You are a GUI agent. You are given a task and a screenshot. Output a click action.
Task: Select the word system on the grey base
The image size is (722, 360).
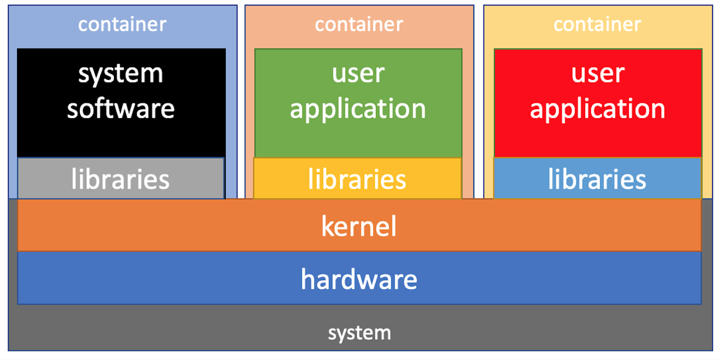click(359, 333)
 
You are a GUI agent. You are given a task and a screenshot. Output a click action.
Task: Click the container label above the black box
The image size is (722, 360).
click(122, 24)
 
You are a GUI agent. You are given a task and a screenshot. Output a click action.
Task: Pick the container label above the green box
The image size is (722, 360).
click(359, 24)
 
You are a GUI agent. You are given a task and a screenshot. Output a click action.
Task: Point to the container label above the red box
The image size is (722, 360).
click(597, 24)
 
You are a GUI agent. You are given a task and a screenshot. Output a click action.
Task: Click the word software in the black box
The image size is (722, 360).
click(121, 108)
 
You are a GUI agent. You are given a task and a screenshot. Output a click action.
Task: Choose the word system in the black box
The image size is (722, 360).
click(121, 73)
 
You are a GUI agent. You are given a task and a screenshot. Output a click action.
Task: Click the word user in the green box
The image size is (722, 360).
click(358, 73)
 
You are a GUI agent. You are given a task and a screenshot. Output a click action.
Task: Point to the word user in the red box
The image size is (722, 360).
click(597, 73)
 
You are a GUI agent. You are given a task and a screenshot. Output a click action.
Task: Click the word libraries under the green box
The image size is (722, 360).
click(357, 179)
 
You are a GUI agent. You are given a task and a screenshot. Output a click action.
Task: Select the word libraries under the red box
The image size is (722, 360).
click(597, 179)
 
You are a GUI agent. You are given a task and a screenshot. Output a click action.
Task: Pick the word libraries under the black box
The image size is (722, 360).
click(121, 179)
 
